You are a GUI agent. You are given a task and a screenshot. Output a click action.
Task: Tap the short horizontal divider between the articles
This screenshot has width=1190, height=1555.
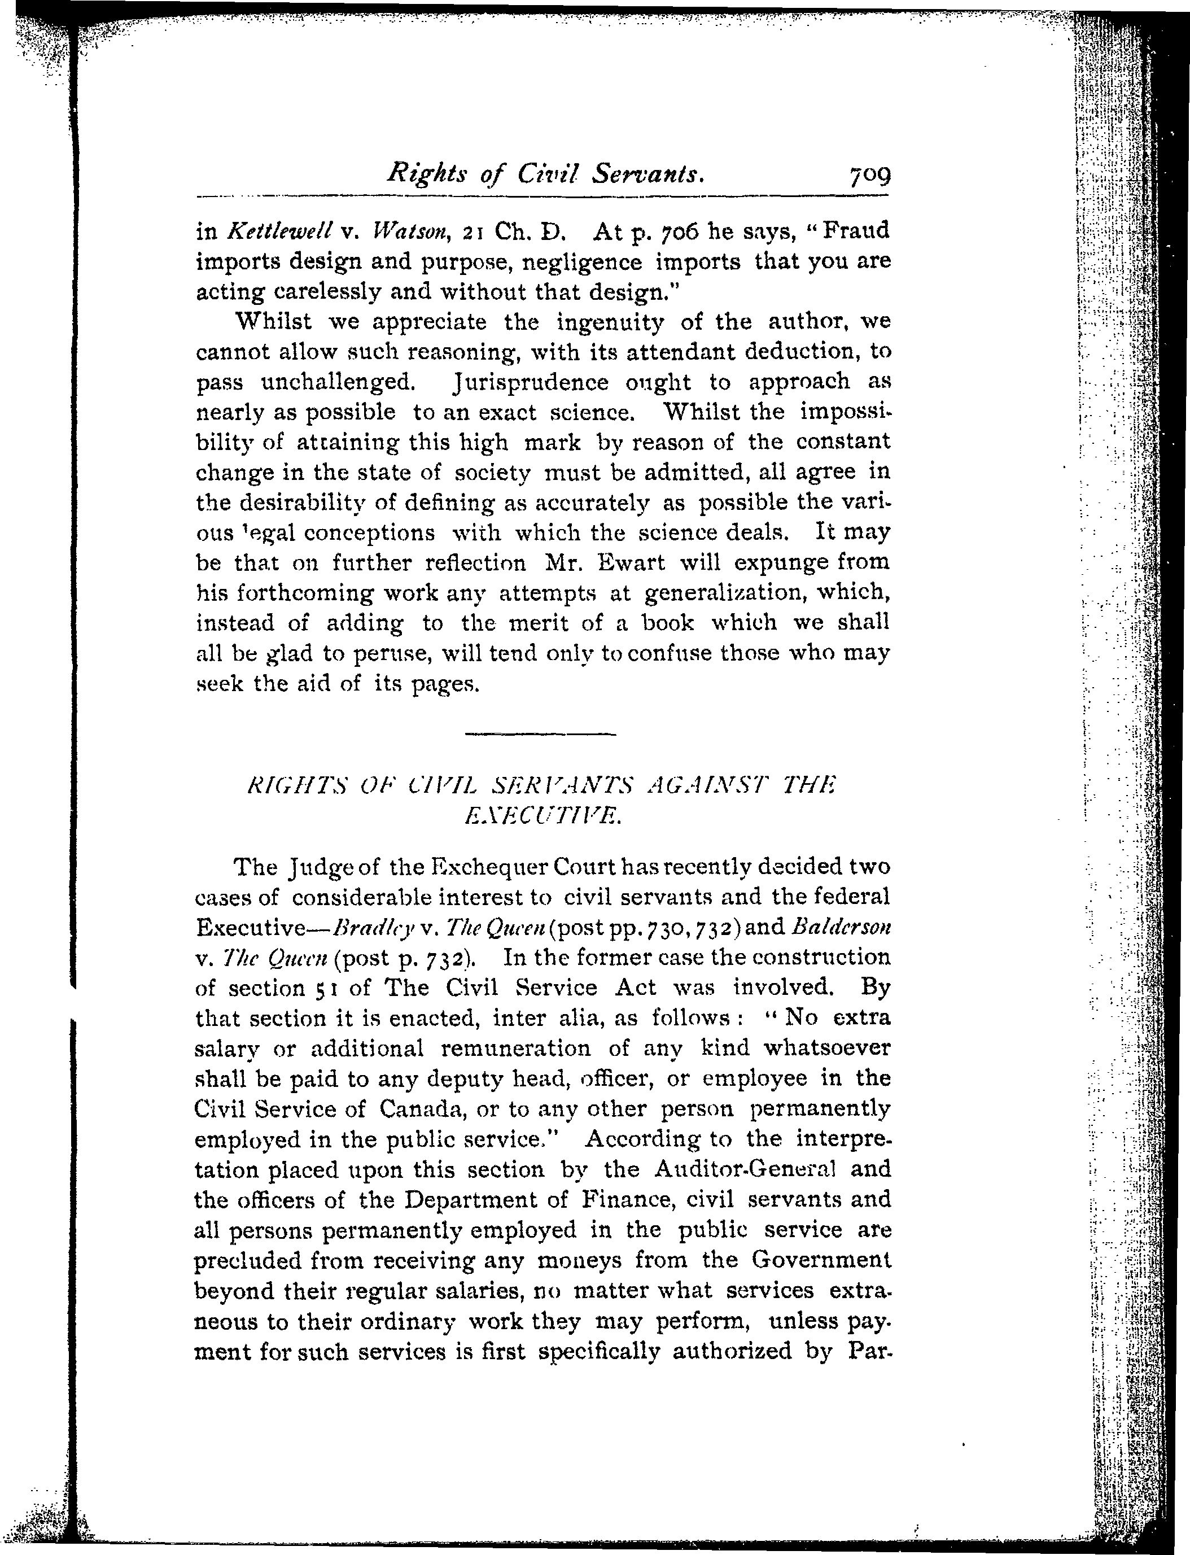click(x=540, y=734)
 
